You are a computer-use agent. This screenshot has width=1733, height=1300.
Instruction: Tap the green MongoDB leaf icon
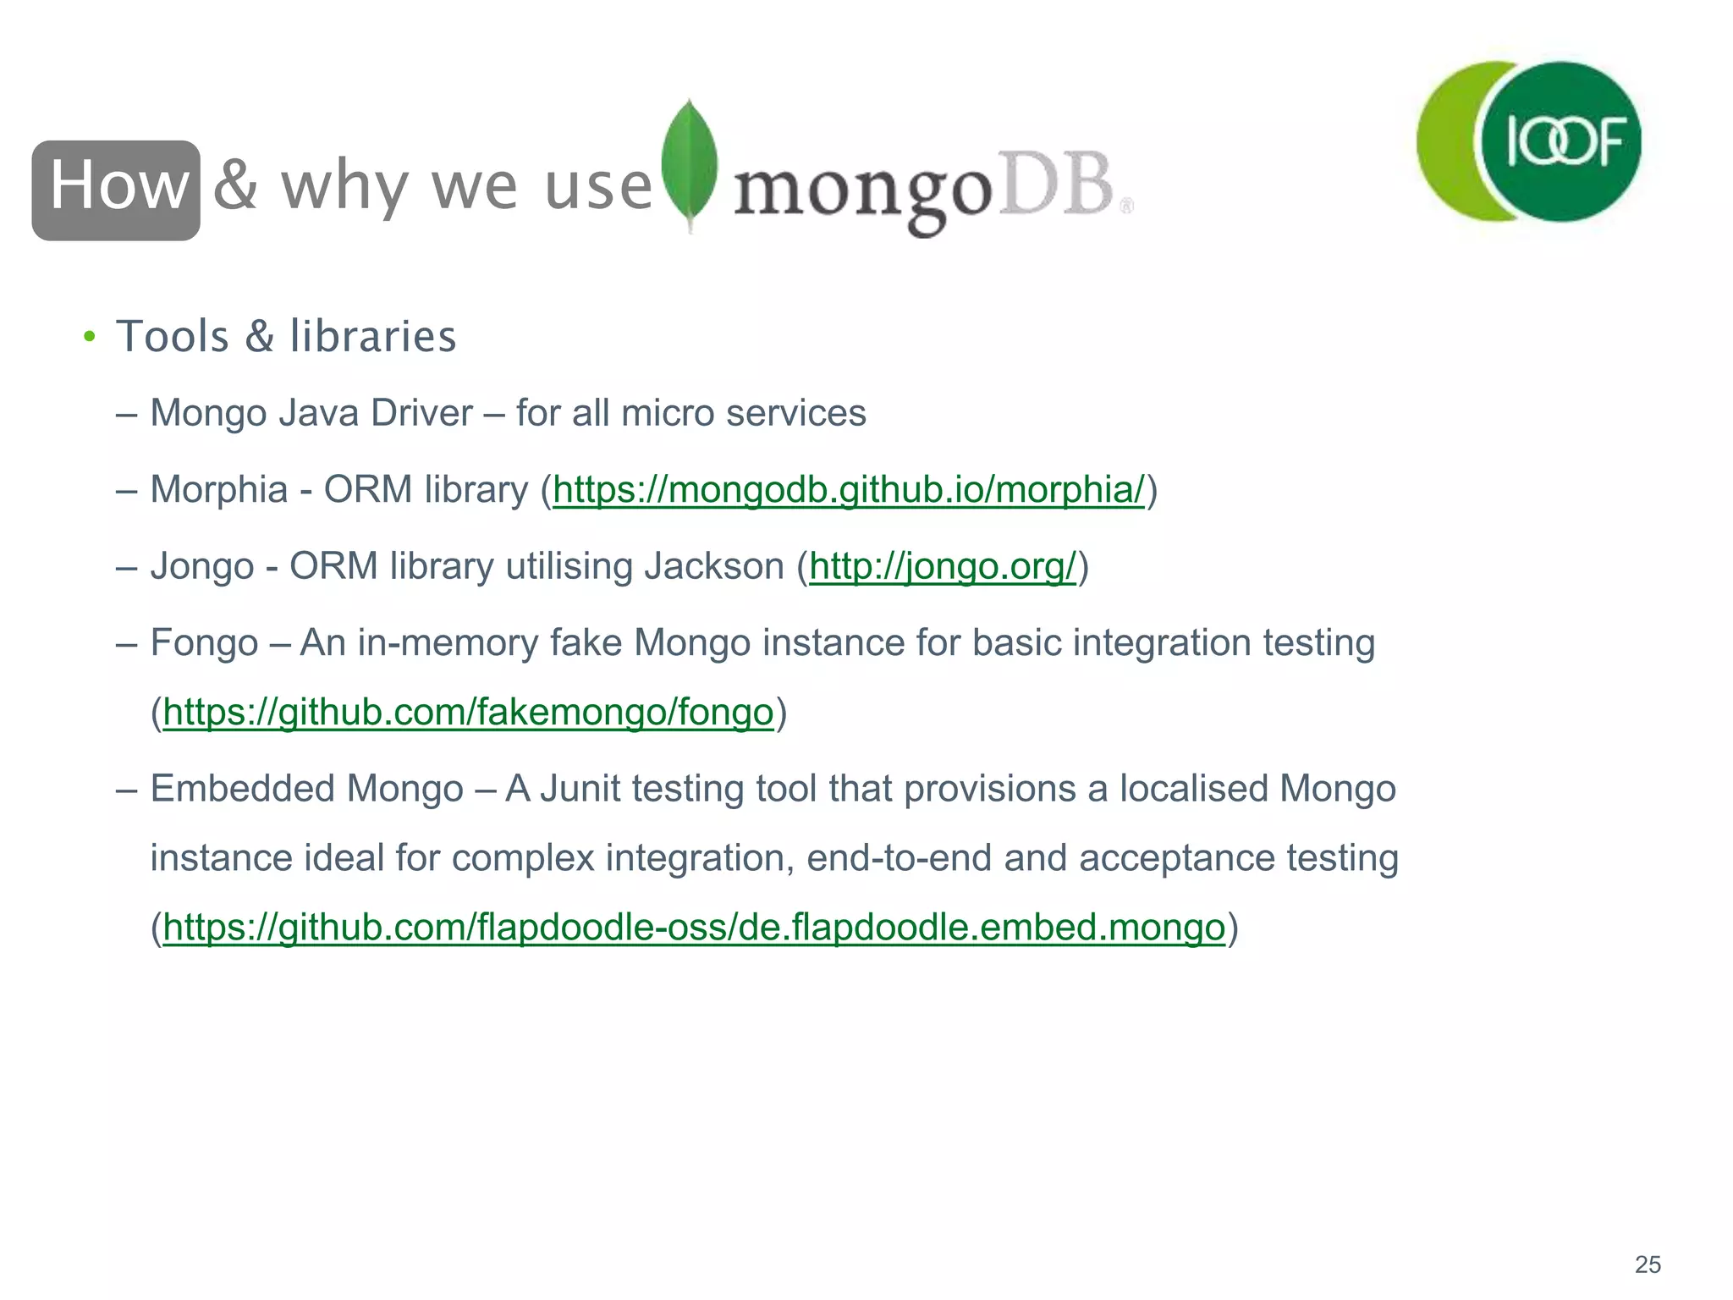click(x=690, y=165)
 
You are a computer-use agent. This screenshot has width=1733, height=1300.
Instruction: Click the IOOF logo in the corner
click(x=1529, y=141)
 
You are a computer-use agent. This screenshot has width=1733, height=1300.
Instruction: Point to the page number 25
click(x=1648, y=1264)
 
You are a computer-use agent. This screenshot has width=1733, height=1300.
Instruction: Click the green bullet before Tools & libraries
click(x=89, y=337)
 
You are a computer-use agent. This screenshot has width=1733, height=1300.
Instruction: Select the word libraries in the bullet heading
click(x=373, y=336)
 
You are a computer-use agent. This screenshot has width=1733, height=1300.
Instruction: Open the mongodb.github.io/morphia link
click(x=848, y=490)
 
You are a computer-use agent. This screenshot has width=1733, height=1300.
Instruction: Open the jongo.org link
click(x=942, y=566)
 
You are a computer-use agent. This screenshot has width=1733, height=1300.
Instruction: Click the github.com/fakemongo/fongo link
click(x=468, y=713)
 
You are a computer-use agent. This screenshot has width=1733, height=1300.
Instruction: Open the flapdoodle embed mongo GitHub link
click(x=694, y=928)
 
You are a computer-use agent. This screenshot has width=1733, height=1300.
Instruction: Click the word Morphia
click(x=219, y=490)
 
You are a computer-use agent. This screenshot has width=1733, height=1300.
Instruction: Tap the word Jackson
click(x=714, y=566)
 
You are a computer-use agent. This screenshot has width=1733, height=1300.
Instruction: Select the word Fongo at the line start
click(x=204, y=642)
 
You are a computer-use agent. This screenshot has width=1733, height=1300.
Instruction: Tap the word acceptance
click(x=1177, y=858)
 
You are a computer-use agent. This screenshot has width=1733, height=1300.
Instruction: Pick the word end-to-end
click(x=899, y=858)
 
